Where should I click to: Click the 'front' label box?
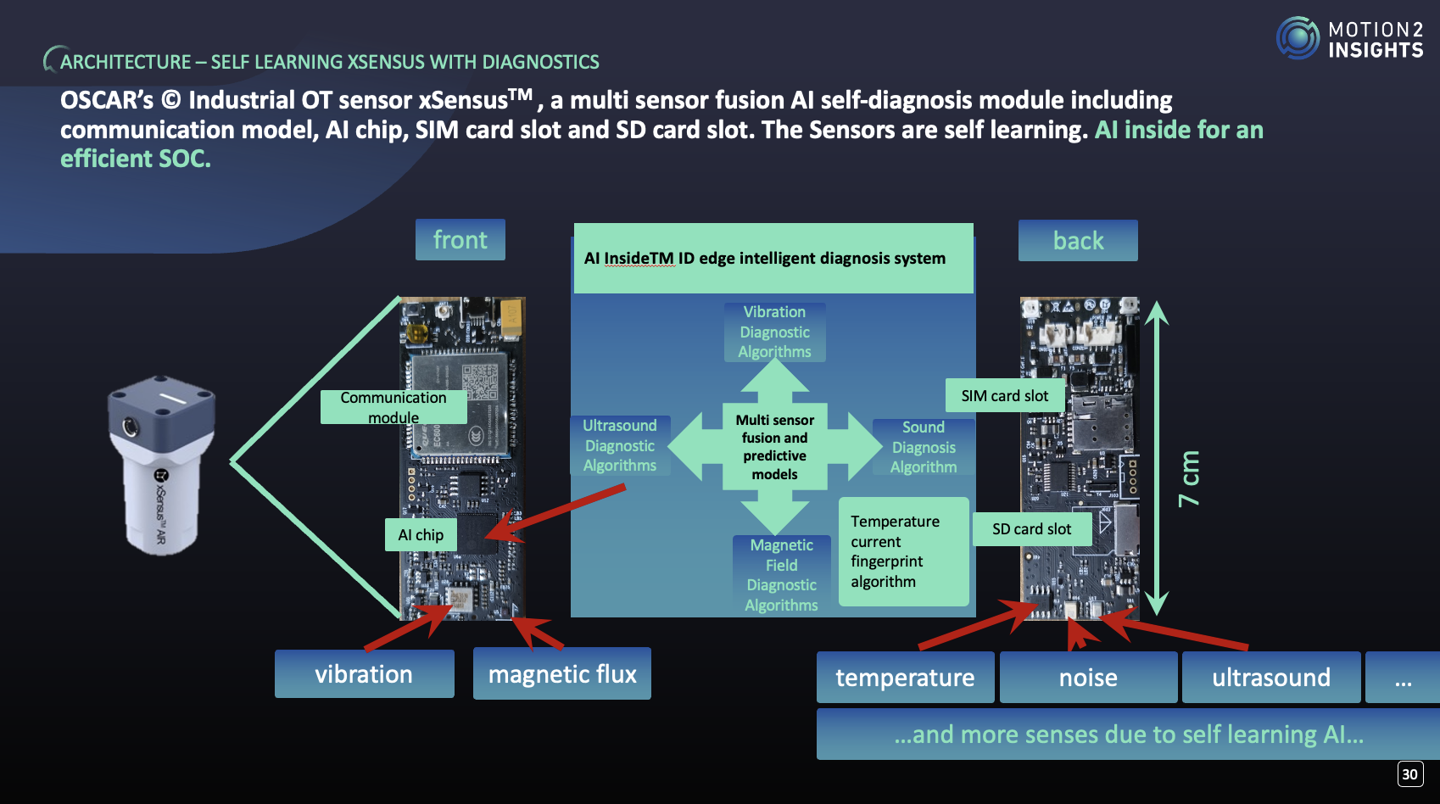coord(460,240)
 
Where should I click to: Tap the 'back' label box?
coord(1077,241)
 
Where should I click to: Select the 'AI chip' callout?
coord(421,535)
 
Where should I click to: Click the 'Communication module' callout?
coord(393,407)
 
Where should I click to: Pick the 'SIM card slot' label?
coord(1004,396)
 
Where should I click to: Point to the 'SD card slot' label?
coord(1031,529)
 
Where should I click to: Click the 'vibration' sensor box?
coord(364,674)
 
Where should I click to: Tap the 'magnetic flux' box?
coord(561,674)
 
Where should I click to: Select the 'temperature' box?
coord(905,678)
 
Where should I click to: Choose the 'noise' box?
coord(1088,678)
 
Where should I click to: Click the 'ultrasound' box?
coord(1270,678)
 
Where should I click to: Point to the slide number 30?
coord(1409,773)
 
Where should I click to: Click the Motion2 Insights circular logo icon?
coord(1298,38)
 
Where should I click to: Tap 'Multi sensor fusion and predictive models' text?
coord(774,447)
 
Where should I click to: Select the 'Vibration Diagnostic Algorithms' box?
coord(774,332)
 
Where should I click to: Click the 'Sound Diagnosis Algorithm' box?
coord(923,447)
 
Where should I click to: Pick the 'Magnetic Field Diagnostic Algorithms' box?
coord(781,574)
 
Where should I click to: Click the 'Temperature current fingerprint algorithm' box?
coord(902,551)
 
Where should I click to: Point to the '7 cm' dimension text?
coord(1189,478)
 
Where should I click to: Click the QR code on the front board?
coord(479,381)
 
